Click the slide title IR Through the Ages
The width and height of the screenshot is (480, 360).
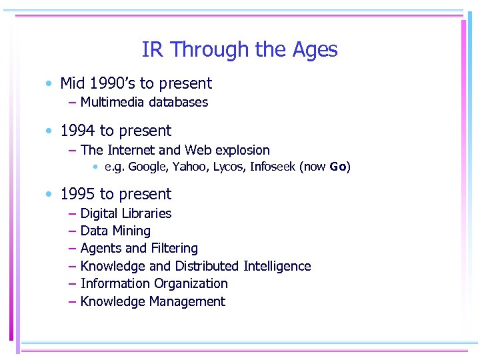point(239,50)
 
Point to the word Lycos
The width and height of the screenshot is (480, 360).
point(227,167)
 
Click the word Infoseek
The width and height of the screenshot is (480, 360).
point(273,167)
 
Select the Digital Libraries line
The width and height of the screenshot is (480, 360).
point(125,213)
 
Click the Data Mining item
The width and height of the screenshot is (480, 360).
point(115,231)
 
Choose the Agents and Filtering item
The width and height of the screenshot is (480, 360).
point(139,249)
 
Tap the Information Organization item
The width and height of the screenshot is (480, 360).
point(153,284)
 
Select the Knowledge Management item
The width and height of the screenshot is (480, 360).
point(152,302)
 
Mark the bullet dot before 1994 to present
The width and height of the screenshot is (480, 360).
point(49,131)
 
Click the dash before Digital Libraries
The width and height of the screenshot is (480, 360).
point(71,214)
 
